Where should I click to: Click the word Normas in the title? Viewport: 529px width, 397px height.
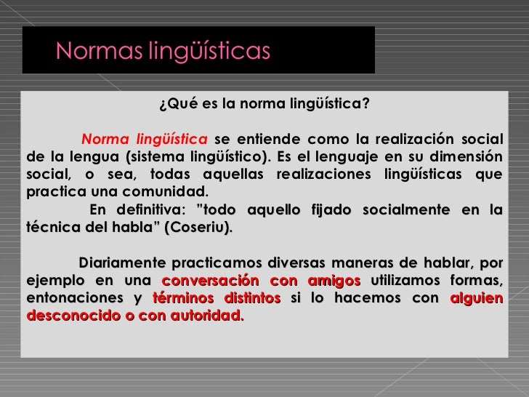tap(92, 51)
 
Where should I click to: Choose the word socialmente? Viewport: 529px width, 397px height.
tap(408, 210)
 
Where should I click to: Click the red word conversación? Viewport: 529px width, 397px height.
tap(207, 281)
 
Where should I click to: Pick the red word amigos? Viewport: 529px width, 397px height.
tap(334, 281)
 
